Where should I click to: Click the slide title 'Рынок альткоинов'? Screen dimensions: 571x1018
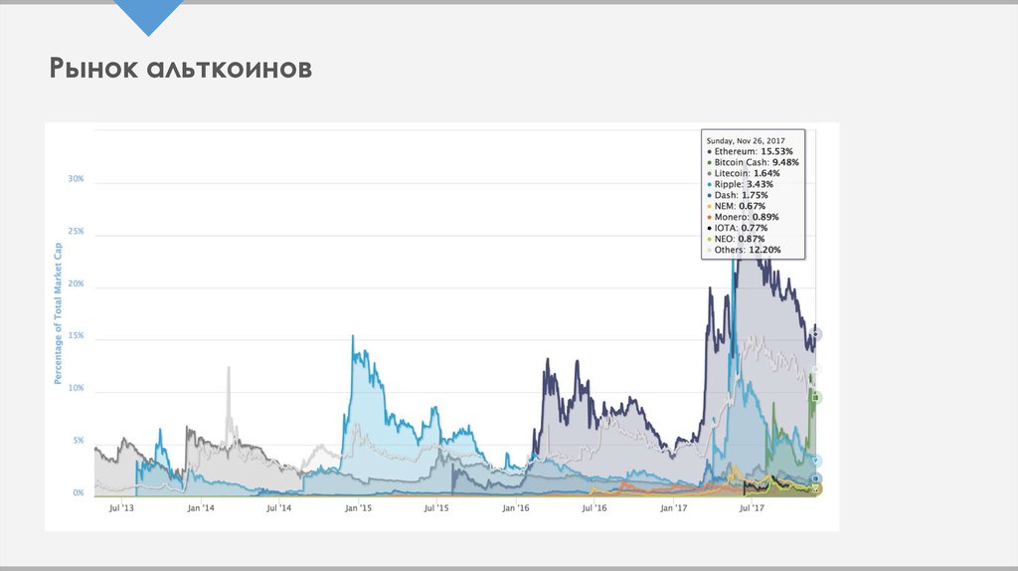(x=182, y=70)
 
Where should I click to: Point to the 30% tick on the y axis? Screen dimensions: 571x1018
(x=76, y=180)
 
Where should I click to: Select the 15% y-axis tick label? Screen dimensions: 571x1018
(x=76, y=336)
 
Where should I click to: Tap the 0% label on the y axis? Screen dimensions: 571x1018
(x=78, y=493)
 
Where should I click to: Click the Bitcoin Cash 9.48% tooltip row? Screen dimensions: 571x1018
(x=753, y=161)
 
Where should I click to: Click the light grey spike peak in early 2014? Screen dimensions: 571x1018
(x=229, y=368)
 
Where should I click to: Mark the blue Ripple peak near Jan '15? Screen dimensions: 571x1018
(x=353, y=337)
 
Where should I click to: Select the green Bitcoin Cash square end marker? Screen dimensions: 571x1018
(x=815, y=398)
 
